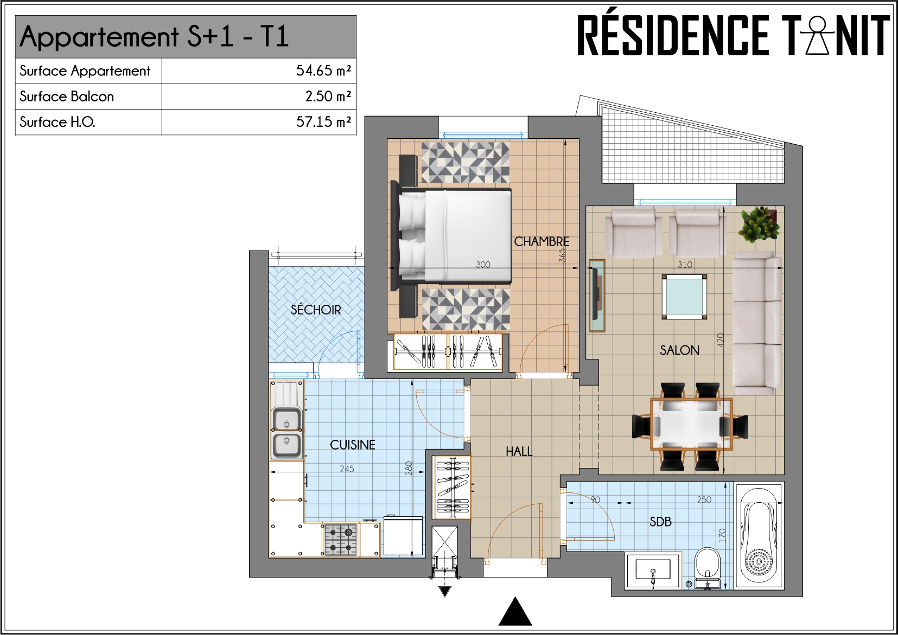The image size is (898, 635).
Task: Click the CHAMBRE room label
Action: coord(541,241)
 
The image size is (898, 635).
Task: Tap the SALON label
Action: coord(679,350)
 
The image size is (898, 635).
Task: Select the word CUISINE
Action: coord(352,445)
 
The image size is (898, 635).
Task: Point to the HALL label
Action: coord(519,452)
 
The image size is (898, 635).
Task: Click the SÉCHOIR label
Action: coord(315,310)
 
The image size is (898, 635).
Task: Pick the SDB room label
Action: coord(660,522)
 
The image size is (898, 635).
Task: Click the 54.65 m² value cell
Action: coord(323,71)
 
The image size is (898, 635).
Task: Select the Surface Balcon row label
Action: coord(67,97)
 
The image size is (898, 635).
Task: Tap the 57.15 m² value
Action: coord(323,122)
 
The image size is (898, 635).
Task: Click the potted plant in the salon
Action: coord(760,225)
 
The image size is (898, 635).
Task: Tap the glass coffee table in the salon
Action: coord(684,297)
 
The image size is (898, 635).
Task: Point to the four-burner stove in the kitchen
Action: coord(340,540)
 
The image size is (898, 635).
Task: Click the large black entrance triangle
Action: coord(515,611)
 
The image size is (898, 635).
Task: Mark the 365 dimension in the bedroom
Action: coord(562,255)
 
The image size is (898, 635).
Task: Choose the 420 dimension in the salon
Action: coord(721,340)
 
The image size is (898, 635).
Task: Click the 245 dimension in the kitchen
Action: coord(347,469)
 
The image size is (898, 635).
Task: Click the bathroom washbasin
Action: coord(653,571)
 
